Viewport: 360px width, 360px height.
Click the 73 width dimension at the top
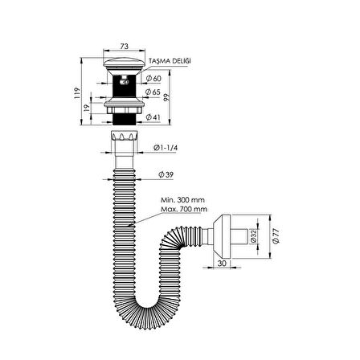point(124,47)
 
